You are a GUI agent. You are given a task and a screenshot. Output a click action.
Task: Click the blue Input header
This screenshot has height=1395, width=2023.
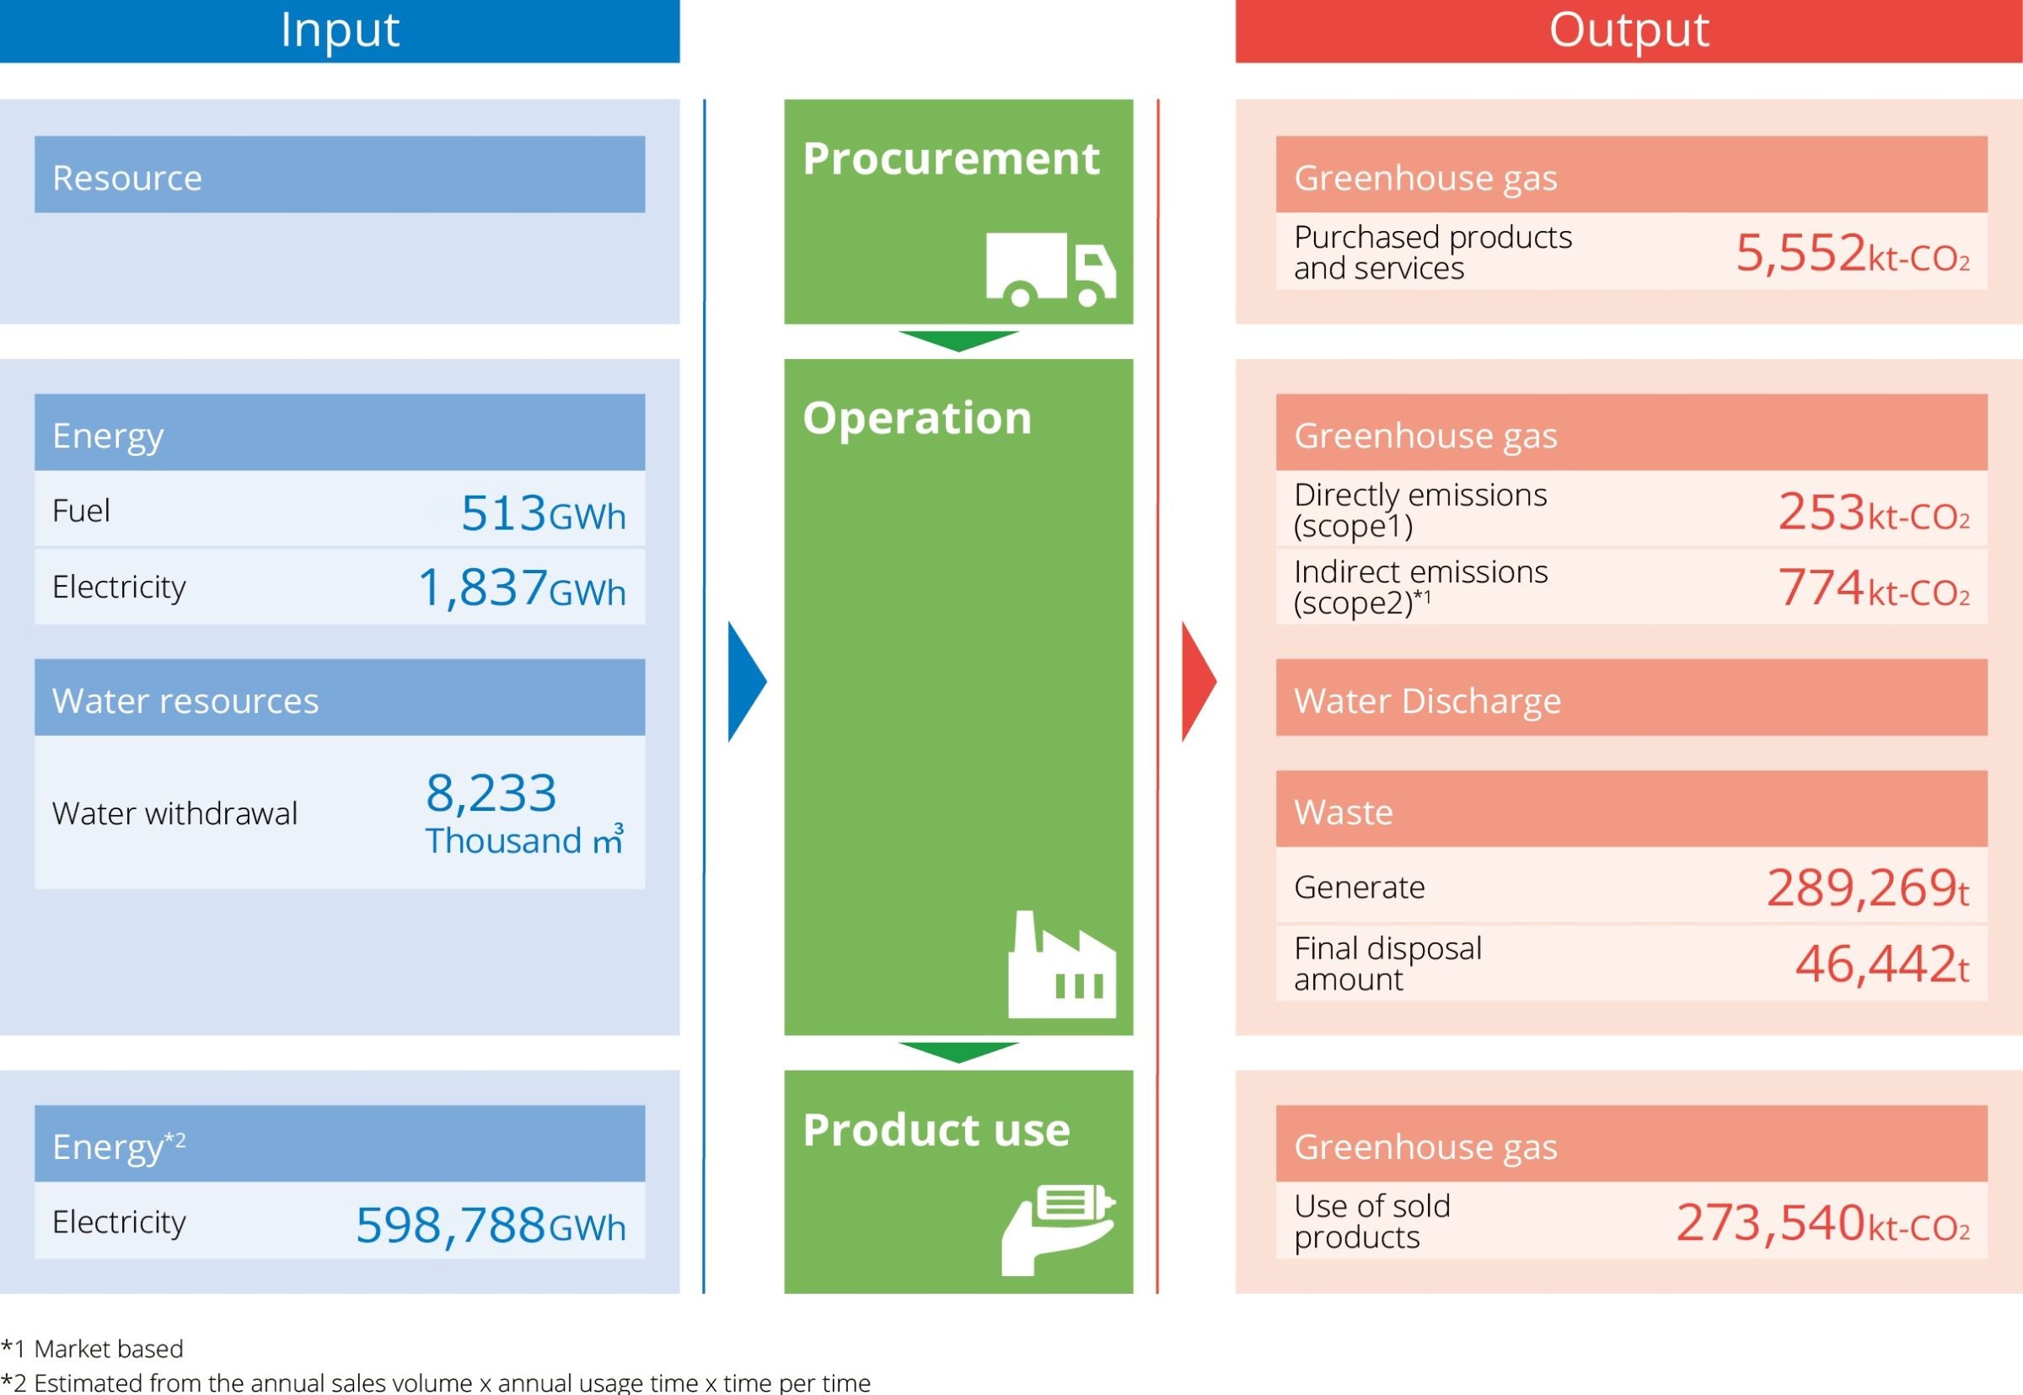pos(339,30)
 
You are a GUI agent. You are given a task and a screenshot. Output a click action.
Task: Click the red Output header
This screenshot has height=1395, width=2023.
pos(1629,30)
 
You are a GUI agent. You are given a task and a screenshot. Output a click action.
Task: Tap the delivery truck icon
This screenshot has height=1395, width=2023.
pos(1051,269)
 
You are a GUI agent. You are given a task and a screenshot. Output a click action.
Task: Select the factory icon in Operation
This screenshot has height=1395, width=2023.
pos(1062,964)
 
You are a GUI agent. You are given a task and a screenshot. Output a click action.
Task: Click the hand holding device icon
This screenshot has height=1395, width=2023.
pos(1058,1230)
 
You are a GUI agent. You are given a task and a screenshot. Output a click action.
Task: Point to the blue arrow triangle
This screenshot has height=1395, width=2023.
pos(747,682)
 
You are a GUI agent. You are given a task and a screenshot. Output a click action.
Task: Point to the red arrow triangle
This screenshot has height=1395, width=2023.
pos(1199,682)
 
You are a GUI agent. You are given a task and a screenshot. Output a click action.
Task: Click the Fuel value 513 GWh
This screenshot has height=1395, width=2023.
pos(544,513)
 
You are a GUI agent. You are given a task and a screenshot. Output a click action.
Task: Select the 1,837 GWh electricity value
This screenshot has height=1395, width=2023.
pos(523,588)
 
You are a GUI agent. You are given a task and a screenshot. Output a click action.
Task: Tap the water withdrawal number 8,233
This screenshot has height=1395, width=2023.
pos(491,793)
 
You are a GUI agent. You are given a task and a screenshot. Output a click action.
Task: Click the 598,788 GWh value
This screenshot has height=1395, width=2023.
pos(491,1225)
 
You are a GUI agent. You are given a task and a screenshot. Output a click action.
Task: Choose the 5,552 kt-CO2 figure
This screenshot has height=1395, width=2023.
pos(1853,254)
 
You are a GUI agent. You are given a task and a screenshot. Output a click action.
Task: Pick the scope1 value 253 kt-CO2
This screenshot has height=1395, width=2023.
pos(1875,512)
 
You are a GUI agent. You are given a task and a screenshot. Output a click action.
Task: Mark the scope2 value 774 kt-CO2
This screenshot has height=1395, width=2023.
pos(1875,588)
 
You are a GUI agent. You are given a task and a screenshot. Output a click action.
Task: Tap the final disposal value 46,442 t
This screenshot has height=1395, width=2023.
pos(1882,964)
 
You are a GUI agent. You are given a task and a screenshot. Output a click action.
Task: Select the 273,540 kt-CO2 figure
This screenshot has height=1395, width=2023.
pos(1823,1223)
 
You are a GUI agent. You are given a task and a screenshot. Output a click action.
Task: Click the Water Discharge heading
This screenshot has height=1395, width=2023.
pos(1427,701)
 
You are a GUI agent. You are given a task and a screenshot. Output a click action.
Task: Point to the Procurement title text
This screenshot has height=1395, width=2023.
pos(951,159)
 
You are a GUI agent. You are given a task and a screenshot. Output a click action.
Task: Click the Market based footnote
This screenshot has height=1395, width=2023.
pos(92,1349)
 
